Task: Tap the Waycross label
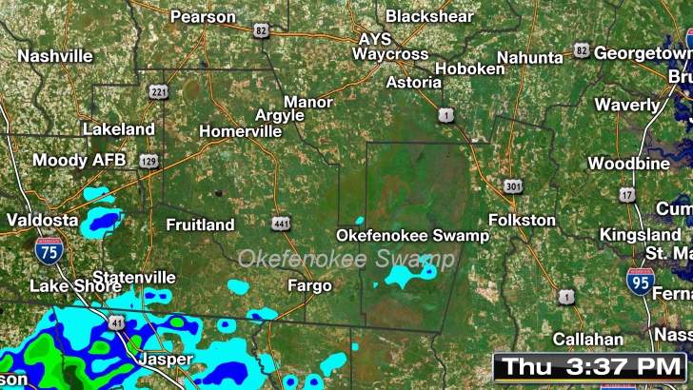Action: coord(390,54)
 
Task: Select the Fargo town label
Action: coord(309,285)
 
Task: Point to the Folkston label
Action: coord(522,220)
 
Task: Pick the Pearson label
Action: coord(203,16)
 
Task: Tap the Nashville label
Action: coord(55,56)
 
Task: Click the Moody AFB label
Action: coord(72,160)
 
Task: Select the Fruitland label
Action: coord(200,225)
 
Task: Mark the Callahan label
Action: coord(588,339)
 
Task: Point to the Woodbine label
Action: coord(628,164)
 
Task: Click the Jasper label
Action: coord(166,360)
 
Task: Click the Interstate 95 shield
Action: coord(640,281)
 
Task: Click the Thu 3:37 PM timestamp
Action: coord(589,366)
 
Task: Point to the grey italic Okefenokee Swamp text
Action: coord(346,259)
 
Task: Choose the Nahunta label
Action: coord(529,57)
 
